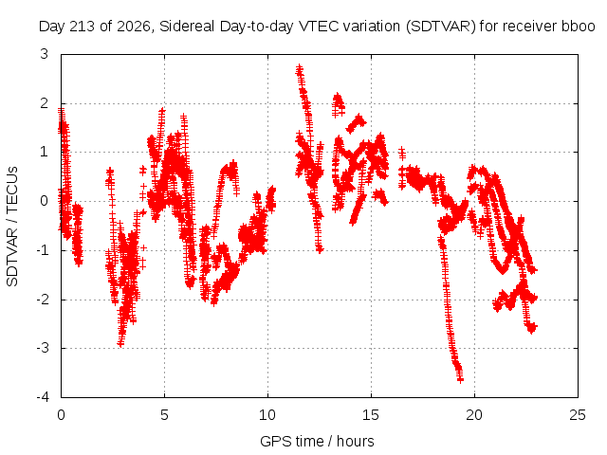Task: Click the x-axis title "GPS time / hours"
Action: [317, 441]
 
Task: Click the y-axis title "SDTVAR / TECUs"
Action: [12, 227]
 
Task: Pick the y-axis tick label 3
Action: [45, 54]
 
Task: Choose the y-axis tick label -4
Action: [42, 396]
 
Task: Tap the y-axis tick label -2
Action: [42, 300]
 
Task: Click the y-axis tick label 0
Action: [45, 201]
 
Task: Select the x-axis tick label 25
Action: [578, 415]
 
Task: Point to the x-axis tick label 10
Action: [267, 415]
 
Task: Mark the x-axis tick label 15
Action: [371, 415]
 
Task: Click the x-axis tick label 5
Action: [164, 415]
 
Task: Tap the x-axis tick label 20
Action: [474, 415]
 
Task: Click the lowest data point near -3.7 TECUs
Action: [460, 380]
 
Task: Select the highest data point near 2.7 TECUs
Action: [299, 67]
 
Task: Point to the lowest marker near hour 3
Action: [120, 344]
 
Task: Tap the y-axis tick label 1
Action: [45, 152]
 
